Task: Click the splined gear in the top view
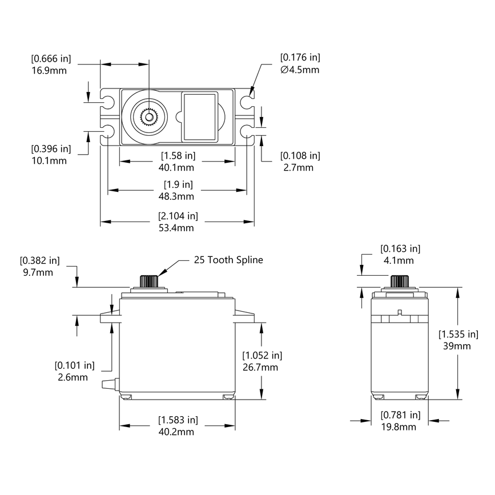[x=148, y=117]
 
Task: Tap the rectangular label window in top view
[x=200, y=116]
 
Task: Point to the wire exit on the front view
[x=110, y=384]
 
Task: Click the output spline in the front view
[x=149, y=281]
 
